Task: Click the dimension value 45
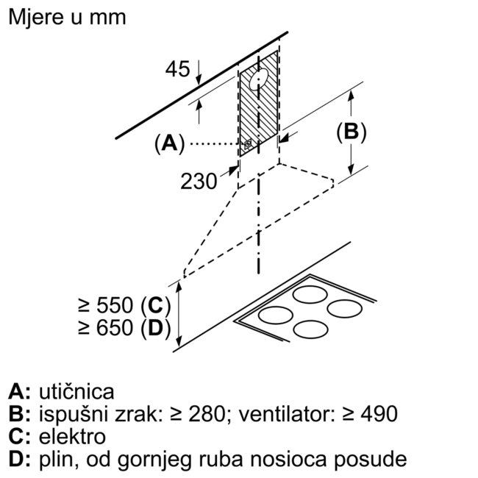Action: coord(177,69)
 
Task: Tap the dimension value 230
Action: coord(199,182)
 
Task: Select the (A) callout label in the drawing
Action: coord(170,143)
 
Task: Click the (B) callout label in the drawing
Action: coord(352,132)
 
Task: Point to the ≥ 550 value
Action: coord(106,305)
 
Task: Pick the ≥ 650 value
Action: coord(106,328)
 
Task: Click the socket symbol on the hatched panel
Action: coord(248,144)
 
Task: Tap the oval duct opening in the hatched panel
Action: coord(259,79)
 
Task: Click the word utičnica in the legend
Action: coord(76,392)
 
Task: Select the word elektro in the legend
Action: coord(72,437)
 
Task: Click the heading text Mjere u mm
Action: coord(67,17)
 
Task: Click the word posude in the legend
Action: coord(371,460)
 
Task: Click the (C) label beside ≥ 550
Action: coord(155,305)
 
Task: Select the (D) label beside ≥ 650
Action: coord(155,328)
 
